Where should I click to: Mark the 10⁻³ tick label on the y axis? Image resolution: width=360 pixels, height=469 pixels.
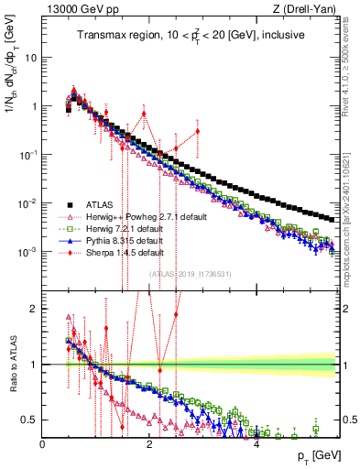tap(27, 251)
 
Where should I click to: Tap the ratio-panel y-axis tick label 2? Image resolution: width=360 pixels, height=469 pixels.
tap(33, 309)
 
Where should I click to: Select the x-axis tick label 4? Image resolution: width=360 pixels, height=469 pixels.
tap(256, 444)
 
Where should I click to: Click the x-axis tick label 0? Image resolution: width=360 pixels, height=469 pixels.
tap(42, 444)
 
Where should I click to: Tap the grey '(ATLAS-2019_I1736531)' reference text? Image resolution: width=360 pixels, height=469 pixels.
tap(190, 274)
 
